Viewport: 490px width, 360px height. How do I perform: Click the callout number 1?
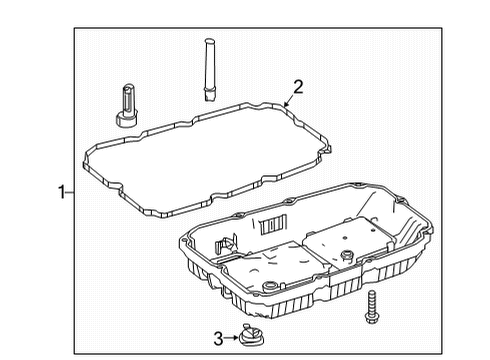[x=62, y=192]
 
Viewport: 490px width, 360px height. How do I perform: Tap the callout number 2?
[x=298, y=87]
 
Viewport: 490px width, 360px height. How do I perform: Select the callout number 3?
[x=218, y=339]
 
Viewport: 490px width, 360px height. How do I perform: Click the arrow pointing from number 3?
[x=231, y=338]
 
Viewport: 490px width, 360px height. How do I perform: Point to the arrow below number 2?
[x=289, y=100]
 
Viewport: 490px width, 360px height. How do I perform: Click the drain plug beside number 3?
[x=251, y=335]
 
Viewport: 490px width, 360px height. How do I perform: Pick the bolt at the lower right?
[x=371, y=307]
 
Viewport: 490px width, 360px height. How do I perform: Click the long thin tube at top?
[x=209, y=69]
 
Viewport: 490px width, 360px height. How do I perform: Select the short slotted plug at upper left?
[x=127, y=105]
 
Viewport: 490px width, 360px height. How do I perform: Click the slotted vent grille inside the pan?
[x=273, y=224]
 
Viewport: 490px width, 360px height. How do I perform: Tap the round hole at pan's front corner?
[x=270, y=287]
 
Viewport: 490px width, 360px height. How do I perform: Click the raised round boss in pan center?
[x=347, y=256]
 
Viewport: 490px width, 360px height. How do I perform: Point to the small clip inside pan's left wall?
[x=226, y=245]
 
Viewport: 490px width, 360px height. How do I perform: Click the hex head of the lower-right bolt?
[x=371, y=318]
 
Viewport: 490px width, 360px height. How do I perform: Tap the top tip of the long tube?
[x=209, y=40]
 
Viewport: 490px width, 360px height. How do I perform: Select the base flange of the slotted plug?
[x=127, y=120]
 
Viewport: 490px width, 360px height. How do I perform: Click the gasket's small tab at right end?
[x=327, y=150]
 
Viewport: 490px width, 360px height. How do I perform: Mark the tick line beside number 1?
[x=70, y=192]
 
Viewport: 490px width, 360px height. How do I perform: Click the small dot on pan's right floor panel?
[x=345, y=238]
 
